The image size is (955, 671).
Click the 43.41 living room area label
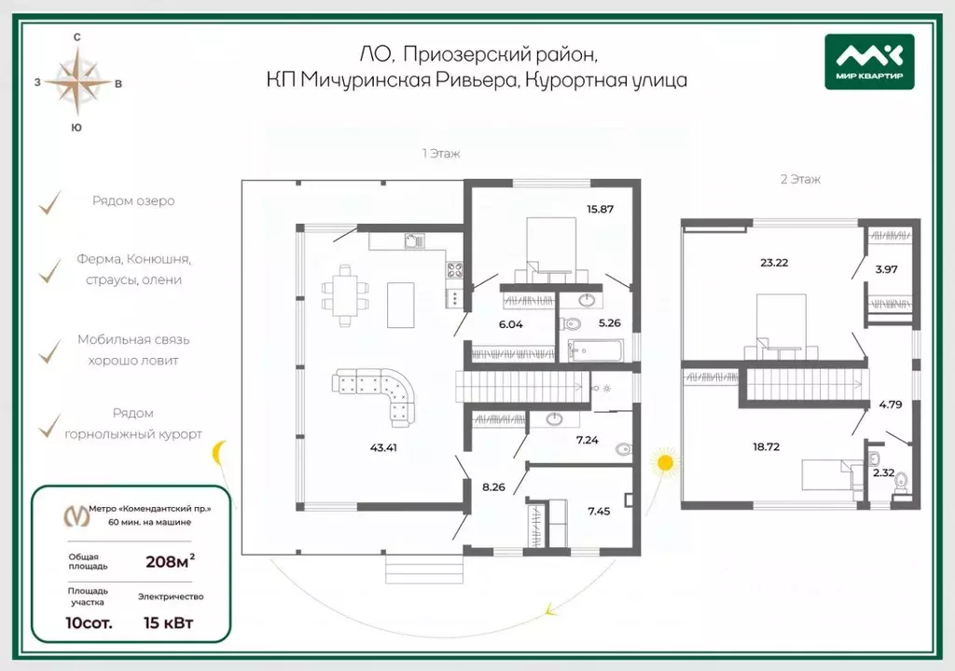[x=383, y=447]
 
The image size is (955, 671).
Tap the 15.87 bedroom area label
[x=600, y=209]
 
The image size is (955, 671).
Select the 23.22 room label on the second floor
[x=774, y=263]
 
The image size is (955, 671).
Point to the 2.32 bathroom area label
[x=884, y=472]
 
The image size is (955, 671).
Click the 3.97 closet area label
[x=886, y=269]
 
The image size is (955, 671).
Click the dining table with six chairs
[x=345, y=295]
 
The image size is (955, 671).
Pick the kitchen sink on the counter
[x=415, y=241]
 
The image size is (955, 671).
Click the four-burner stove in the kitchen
[x=454, y=269]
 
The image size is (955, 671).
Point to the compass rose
[x=77, y=82]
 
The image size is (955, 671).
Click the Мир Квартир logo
[x=869, y=62]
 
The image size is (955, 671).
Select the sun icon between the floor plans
[x=665, y=464]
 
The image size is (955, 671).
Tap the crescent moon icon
[x=219, y=453]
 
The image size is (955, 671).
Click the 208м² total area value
[x=170, y=560]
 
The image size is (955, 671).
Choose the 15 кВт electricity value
[x=168, y=623]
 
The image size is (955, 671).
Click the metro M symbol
[x=76, y=516]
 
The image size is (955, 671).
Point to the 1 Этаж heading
[x=441, y=154]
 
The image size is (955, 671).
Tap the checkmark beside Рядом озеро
[x=50, y=203]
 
